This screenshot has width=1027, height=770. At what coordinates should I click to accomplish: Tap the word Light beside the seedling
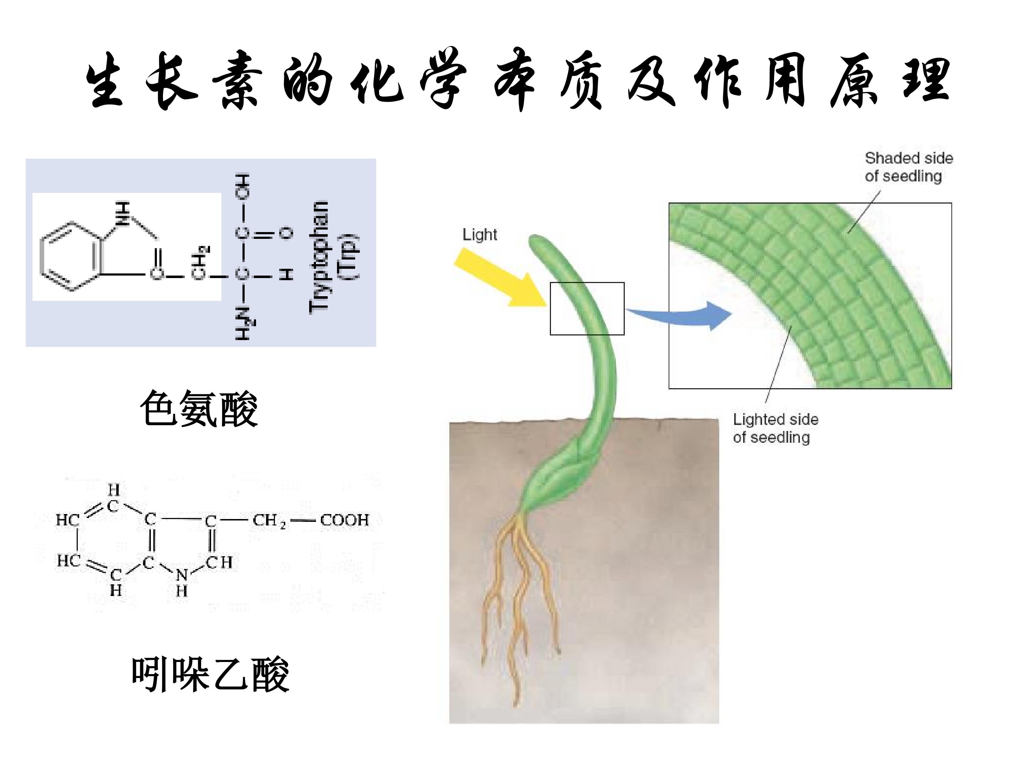(480, 235)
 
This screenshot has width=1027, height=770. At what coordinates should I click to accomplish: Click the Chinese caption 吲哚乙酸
(210, 674)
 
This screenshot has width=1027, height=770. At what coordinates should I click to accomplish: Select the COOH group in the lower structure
(344, 520)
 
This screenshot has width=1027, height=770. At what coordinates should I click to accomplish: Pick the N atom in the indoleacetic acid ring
(182, 575)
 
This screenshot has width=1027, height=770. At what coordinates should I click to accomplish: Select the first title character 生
(106, 80)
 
